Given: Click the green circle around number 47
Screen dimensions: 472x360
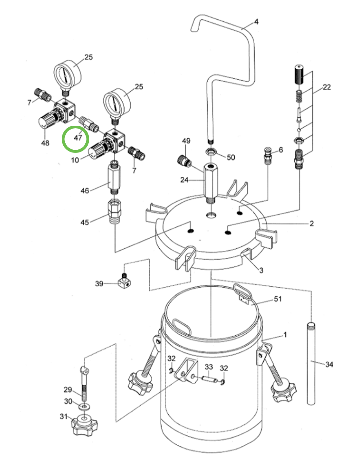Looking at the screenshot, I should click(76, 138).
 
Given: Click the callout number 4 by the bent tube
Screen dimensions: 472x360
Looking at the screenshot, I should click(256, 22).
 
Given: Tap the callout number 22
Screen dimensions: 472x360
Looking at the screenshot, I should click(327, 87).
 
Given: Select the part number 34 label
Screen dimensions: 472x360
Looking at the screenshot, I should click(329, 365).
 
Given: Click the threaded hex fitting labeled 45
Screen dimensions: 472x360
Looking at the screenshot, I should click(114, 212).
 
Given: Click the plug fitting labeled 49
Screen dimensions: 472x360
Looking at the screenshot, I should click(184, 160).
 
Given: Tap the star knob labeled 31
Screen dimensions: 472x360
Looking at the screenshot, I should click(84, 424).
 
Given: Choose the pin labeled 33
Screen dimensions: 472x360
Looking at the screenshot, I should click(209, 379).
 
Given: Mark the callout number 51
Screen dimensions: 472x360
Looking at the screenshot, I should click(278, 299).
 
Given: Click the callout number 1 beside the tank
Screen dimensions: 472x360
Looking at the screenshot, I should click(285, 335).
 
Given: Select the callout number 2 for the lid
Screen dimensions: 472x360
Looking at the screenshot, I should click(311, 224).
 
